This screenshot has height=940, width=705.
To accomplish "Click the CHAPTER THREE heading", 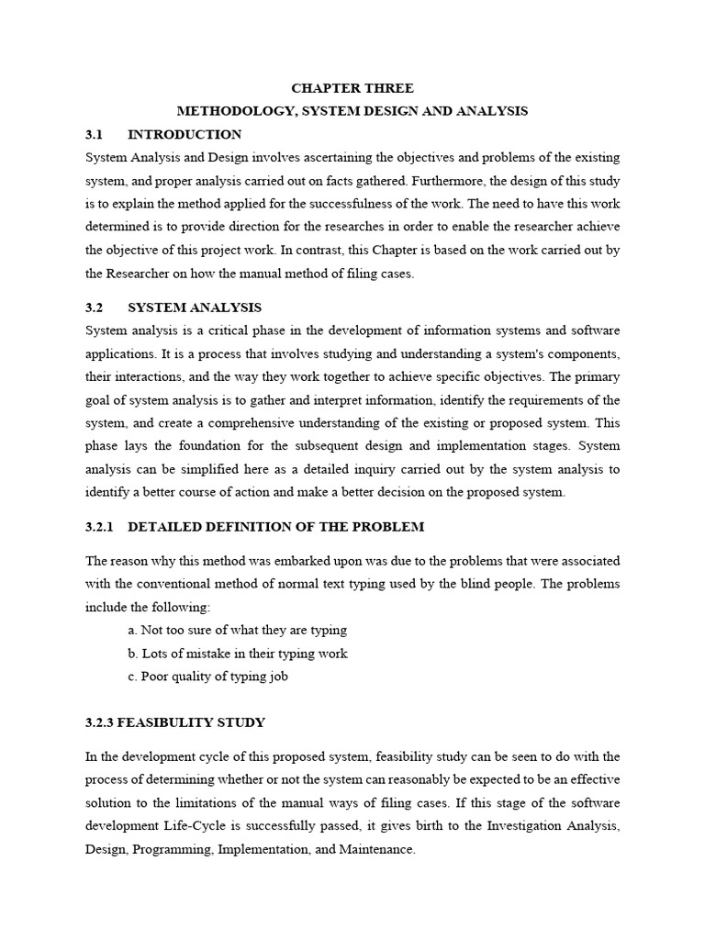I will [352, 88].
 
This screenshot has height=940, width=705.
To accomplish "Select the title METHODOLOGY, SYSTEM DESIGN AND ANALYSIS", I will [352, 111].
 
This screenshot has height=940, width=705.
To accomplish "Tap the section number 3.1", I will [95, 134].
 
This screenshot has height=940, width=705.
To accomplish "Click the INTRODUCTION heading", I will [185, 134].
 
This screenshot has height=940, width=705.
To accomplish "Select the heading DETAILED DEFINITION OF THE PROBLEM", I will [276, 526].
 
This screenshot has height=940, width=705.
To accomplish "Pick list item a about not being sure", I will [238, 631].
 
